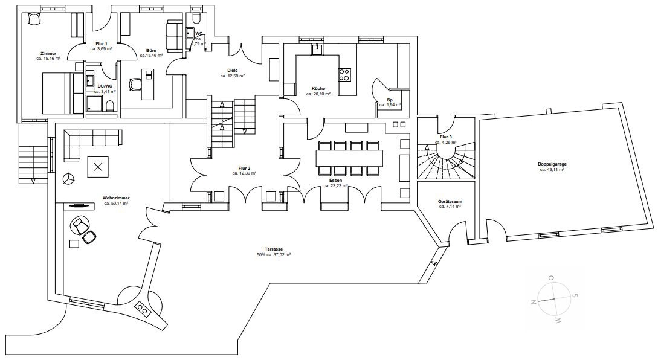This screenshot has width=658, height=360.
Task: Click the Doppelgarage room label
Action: [x=552, y=164]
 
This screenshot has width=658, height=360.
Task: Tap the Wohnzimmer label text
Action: [x=116, y=198]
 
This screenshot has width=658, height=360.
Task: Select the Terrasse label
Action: [x=274, y=249]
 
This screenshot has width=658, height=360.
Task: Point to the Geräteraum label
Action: [x=450, y=201]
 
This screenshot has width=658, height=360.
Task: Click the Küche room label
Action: [x=318, y=89]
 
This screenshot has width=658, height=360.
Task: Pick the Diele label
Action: [x=233, y=71]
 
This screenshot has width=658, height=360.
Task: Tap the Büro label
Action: [x=151, y=50]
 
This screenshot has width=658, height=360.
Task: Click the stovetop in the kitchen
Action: [x=344, y=75]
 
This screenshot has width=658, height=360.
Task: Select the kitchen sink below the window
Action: [x=317, y=50]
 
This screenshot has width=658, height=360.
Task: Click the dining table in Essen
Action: [x=350, y=158]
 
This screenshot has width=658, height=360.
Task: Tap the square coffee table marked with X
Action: [x=98, y=167]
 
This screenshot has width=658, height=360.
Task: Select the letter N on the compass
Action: [x=534, y=302]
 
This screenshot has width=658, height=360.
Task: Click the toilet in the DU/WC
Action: [x=110, y=106]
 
